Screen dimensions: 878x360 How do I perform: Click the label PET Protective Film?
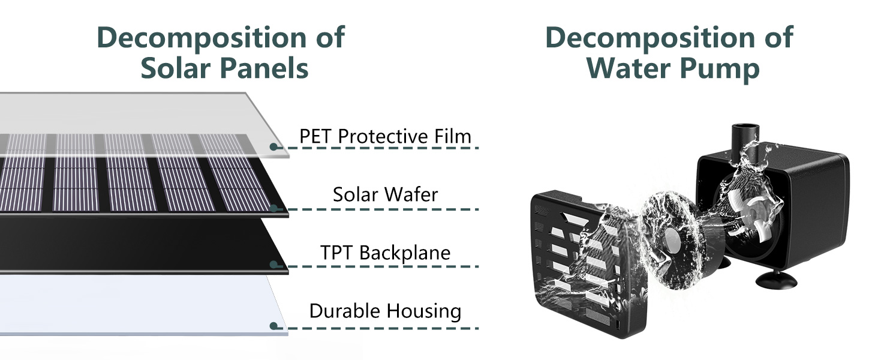(x=386, y=137)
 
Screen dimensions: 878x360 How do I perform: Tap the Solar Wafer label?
(x=386, y=194)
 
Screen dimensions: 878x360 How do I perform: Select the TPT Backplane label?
(x=385, y=253)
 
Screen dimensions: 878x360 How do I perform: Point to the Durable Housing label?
(x=385, y=311)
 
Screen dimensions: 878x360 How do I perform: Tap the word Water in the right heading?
(x=633, y=68)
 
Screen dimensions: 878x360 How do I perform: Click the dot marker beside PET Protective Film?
(x=273, y=147)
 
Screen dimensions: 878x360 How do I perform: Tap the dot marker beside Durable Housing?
(x=273, y=326)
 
